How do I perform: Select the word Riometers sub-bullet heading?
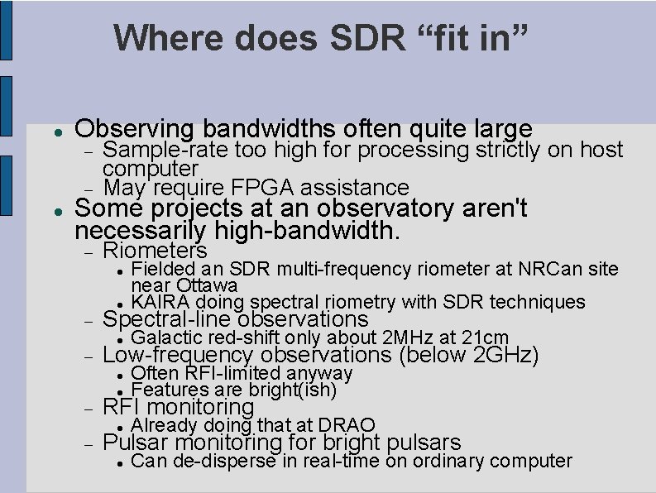[x=155, y=250]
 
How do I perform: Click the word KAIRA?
[x=159, y=303]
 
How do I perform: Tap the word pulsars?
[x=423, y=443]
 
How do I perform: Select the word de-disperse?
[x=218, y=461]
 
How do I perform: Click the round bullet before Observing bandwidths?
[x=52, y=131]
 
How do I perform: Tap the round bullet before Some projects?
[x=52, y=208]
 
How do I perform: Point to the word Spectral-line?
[x=167, y=319]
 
